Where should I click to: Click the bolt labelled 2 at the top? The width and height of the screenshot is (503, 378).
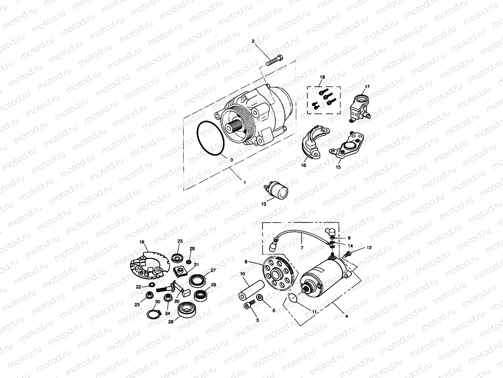pos(274,61)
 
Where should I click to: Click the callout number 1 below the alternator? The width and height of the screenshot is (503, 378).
pos(245,182)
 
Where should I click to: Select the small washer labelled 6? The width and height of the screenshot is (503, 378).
pos(260,299)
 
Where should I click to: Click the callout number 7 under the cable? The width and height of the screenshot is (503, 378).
pos(302,248)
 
